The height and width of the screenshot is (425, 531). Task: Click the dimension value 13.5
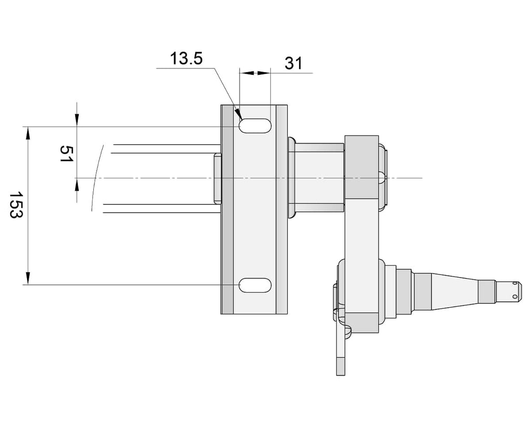click(x=186, y=58)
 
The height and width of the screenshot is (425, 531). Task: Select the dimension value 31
click(x=294, y=63)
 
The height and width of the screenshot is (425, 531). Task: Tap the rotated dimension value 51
click(x=66, y=154)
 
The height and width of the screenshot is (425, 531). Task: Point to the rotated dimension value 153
click(x=16, y=205)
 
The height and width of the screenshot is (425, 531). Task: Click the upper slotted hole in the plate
click(x=255, y=126)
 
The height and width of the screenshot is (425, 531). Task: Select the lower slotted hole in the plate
click(x=255, y=285)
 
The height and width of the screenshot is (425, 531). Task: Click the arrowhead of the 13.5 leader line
click(x=238, y=114)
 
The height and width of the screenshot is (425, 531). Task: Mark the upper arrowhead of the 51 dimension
click(x=77, y=121)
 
